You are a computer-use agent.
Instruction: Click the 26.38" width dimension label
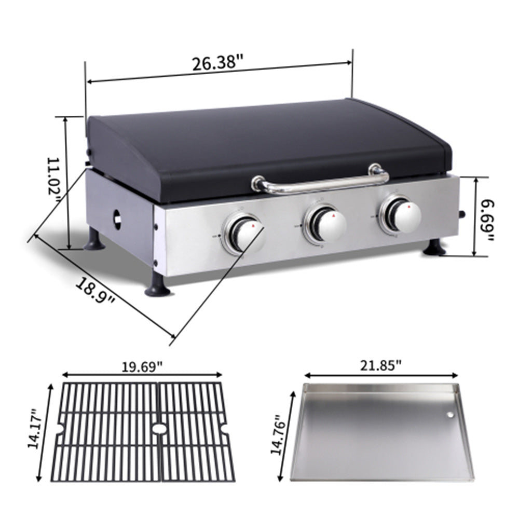tap(217, 63)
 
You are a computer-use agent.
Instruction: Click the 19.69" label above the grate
tap(142, 366)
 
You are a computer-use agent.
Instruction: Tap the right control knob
tap(402, 213)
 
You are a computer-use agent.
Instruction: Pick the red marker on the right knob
tap(410, 206)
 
